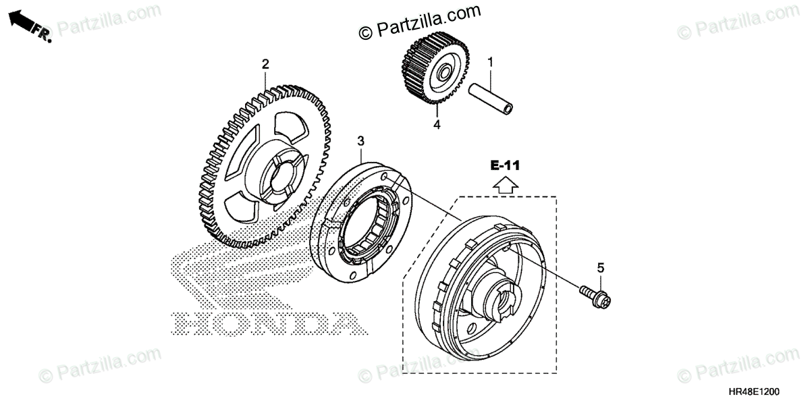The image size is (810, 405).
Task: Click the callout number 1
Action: (491, 62)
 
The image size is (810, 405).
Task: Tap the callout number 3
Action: (360, 140)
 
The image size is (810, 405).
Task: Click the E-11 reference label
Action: (505, 164)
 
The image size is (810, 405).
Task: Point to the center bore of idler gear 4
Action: (445, 72)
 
